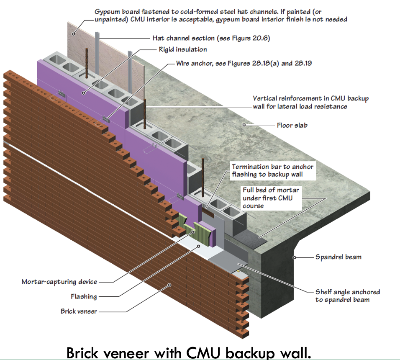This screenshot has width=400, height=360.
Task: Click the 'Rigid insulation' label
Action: (183, 49)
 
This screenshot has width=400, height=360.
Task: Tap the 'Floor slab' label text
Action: (292, 125)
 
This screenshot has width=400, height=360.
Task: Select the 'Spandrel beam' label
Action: (338, 257)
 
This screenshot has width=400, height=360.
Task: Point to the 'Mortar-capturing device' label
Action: (59, 282)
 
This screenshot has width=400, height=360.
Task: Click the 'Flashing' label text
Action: (84, 296)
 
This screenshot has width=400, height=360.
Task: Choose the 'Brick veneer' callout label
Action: (79, 311)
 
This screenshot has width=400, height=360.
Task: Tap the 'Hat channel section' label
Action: (211, 38)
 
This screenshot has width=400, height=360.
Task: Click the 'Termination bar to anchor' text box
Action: (272, 170)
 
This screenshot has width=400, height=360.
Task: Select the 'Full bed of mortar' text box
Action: (271, 198)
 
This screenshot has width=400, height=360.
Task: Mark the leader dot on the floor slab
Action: (244, 125)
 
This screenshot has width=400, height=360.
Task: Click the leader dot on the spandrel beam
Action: (294, 257)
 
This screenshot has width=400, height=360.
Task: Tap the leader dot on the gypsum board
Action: (74, 33)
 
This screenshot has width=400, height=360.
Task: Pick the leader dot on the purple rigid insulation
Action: (83, 93)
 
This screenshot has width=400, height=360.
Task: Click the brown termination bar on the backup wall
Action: (208, 212)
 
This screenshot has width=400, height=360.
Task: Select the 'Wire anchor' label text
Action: (244, 63)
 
